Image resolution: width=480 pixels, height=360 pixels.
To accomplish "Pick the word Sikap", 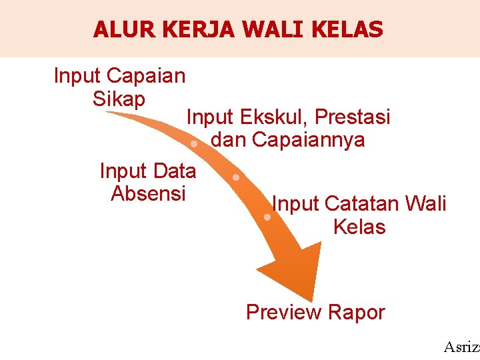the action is (119, 99).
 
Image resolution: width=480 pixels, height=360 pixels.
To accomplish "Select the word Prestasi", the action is (353, 117).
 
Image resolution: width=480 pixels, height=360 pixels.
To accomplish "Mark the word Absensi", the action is (148, 193).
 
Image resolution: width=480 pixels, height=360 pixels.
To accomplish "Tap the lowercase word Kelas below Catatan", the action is (359, 227).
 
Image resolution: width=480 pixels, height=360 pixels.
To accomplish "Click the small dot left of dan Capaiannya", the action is (193, 144).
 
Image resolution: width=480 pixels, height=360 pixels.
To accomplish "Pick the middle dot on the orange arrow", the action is (236, 178).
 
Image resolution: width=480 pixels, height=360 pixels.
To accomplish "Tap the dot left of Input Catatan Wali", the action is (267, 217).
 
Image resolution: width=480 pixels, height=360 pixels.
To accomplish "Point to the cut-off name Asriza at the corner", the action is (461, 347).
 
